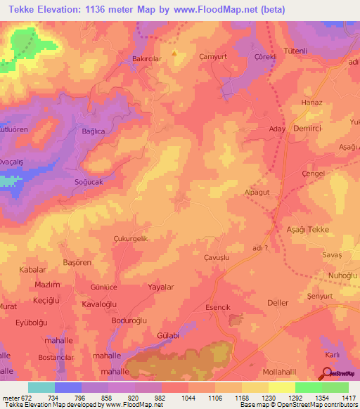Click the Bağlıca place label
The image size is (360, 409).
[x=93, y=131]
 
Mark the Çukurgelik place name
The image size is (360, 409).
[x=131, y=239]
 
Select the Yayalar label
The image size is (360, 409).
[x=161, y=287]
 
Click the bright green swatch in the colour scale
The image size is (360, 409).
[x=309, y=387]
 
